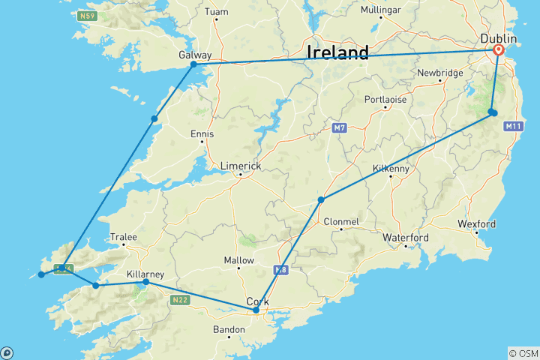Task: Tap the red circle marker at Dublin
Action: (x=499, y=50)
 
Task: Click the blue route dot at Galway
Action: (x=193, y=64)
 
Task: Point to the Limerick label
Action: (x=240, y=166)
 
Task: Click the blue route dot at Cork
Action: (x=256, y=310)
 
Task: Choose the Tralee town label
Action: (x=124, y=237)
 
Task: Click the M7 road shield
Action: (x=339, y=129)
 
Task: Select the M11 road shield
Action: (x=513, y=127)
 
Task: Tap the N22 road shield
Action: (x=179, y=300)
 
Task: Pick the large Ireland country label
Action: (x=337, y=52)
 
